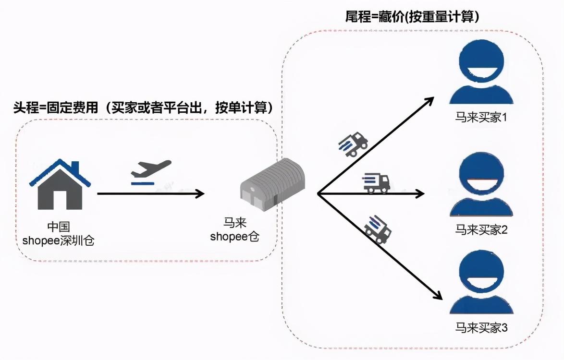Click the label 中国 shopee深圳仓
point(58,234)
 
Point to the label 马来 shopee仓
point(235,230)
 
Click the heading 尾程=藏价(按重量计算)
point(412,17)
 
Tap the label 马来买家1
point(481,117)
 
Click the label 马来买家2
point(481,229)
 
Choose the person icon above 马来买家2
point(481,184)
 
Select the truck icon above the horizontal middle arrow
point(376,183)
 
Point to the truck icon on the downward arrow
point(378,229)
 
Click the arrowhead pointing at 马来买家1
point(429,100)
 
